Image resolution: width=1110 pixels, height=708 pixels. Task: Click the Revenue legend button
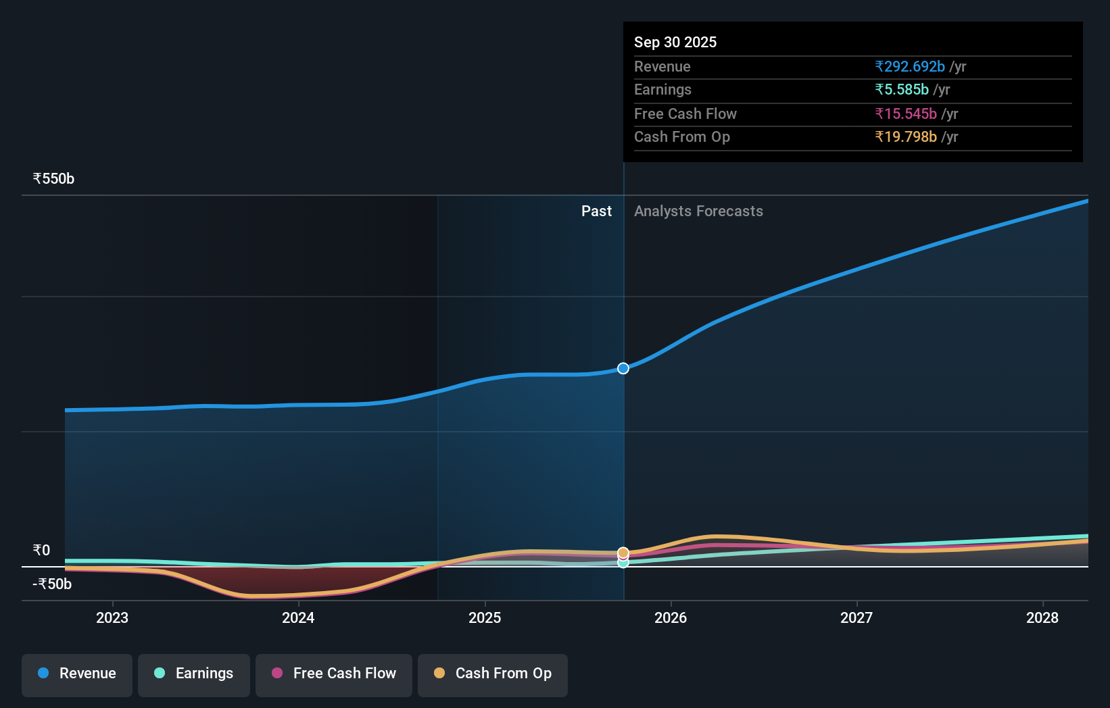(77, 674)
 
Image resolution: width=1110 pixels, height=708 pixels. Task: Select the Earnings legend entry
(194, 674)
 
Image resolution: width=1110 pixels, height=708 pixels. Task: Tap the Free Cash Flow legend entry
(334, 674)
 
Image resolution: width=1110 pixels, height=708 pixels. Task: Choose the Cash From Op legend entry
(493, 674)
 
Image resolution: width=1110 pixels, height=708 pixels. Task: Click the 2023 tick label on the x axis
(112, 617)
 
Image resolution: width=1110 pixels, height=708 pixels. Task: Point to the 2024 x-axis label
(298, 617)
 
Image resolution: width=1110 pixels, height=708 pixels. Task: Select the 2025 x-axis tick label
(485, 617)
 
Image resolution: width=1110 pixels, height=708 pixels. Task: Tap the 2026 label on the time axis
(671, 617)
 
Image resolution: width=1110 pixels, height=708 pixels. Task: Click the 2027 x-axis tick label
(856, 617)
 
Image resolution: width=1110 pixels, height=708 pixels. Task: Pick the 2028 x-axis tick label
(1042, 617)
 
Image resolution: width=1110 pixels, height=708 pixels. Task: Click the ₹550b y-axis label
(53, 179)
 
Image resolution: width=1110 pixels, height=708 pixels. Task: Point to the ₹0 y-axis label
(42, 551)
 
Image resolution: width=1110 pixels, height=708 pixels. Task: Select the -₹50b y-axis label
(52, 584)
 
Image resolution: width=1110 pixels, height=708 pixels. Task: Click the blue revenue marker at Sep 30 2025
(623, 368)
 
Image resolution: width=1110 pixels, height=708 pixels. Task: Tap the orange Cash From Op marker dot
(623, 553)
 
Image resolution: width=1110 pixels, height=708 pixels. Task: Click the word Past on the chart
(596, 211)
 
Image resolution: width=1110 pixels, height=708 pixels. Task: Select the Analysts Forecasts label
(698, 211)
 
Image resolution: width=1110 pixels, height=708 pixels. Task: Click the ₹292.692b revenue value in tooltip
(909, 67)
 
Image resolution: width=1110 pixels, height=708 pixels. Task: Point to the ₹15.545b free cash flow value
(906, 114)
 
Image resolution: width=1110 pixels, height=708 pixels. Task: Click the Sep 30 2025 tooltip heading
(675, 43)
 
